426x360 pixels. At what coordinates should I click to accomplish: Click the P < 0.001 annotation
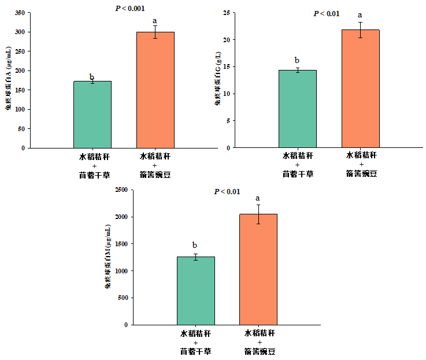(x=130, y=9)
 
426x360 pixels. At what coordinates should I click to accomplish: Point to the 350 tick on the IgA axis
(x=19, y=12)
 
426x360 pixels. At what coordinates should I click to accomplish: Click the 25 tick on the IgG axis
(x=227, y=13)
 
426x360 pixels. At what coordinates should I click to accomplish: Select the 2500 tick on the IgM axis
(x=121, y=190)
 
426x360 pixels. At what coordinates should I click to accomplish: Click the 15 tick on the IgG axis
(x=227, y=66)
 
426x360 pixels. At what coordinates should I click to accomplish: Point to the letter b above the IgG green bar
(x=297, y=60)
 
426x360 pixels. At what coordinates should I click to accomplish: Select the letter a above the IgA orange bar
(x=155, y=21)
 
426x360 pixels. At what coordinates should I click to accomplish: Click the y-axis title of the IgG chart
(x=218, y=81)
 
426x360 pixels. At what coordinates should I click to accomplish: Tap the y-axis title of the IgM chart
(x=108, y=257)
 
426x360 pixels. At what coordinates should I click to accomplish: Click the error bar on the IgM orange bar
(x=258, y=214)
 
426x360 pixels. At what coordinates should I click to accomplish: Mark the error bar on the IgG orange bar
(x=360, y=30)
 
